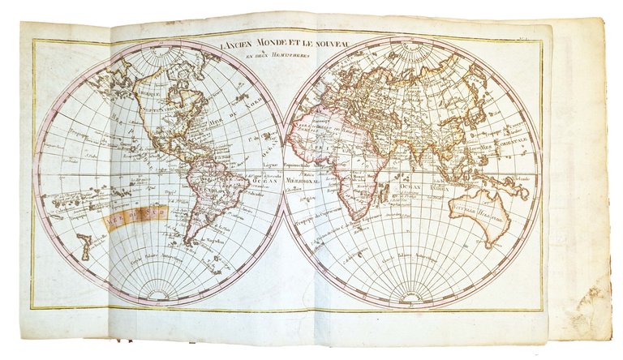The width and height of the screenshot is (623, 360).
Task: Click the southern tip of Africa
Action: coord(350,217)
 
